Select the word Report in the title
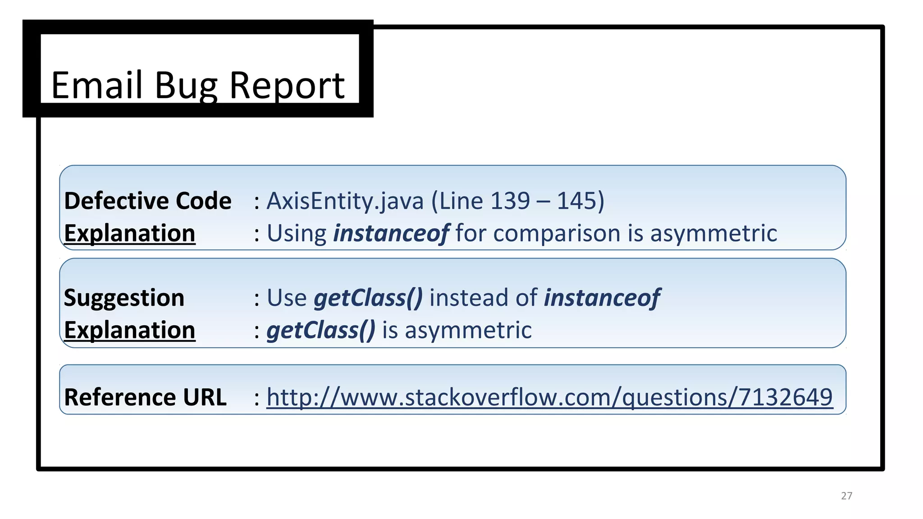pyautogui.click(x=287, y=86)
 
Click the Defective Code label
pyautogui.click(x=147, y=201)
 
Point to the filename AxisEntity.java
pyautogui.click(x=345, y=201)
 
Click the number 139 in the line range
pyautogui.click(x=510, y=201)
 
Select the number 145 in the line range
pyautogui.click(x=576, y=201)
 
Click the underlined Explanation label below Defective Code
pyautogui.click(x=130, y=233)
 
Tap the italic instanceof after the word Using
pyautogui.click(x=390, y=233)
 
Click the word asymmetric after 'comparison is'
pyautogui.click(x=713, y=233)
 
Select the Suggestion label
pyautogui.click(x=124, y=298)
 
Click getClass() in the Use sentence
pyautogui.click(x=368, y=298)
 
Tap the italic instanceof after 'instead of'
pyautogui.click(x=602, y=298)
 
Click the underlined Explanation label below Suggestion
pyautogui.click(x=130, y=330)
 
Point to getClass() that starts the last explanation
pyautogui.click(x=321, y=330)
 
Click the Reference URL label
pyautogui.click(x=145, y=397)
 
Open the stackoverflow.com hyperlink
pyautogui.click(x=549, y=397)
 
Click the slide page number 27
pyautogui.click(x=846, y=496)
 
